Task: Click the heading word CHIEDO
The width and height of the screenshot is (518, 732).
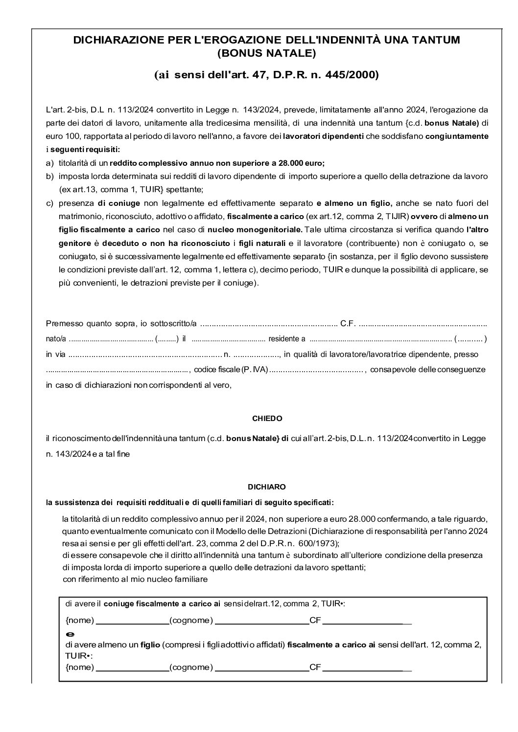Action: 267,419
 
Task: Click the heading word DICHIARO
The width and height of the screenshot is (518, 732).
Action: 267,487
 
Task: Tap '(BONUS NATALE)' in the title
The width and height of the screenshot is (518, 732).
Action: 267,52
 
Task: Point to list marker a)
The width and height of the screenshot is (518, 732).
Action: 49,163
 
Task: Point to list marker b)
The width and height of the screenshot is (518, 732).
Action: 49,176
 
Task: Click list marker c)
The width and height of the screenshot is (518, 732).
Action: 49,203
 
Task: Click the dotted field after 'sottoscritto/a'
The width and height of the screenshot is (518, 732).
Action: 269,324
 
